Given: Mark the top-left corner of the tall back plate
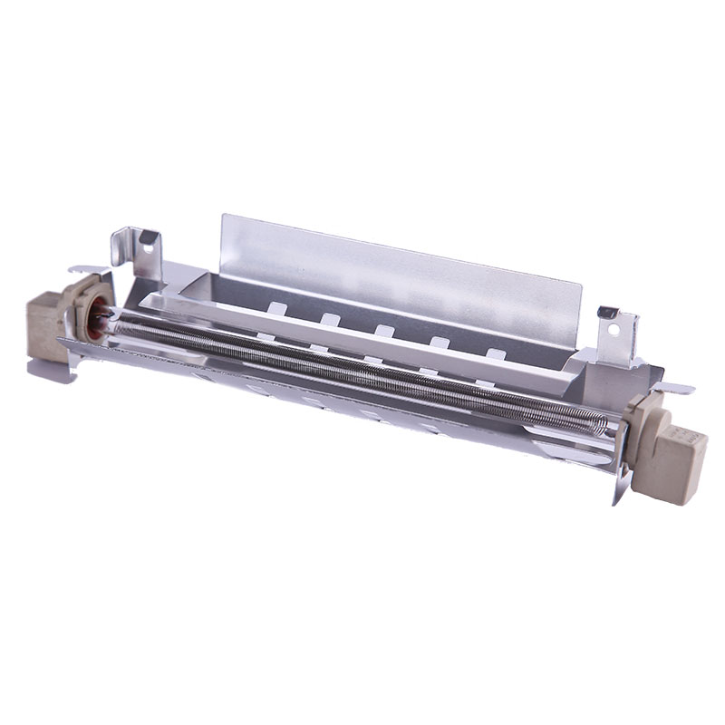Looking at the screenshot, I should click(x=223, y=216).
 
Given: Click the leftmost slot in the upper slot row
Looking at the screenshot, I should click(x=275, y=309).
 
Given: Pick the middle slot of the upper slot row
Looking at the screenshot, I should click(x=384, y=330).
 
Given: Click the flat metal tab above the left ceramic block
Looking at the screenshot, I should click(x=87, y=268).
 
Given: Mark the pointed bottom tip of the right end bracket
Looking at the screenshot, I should click(x=617, y=502).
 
